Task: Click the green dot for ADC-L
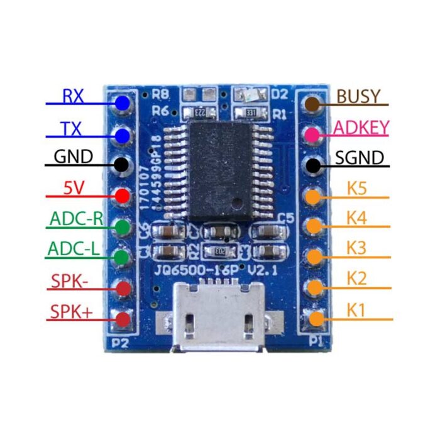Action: pyautogui.click(x=123, y=256)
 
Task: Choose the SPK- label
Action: pyautogui.click(x=70, y=281)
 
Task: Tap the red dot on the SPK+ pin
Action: pyautogui.click(x=123, y=319)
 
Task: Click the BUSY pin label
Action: pyautogui.click(x=358, y=96)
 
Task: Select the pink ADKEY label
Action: pyautogui.click(x=361, y=128)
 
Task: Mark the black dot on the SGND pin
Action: pyautogui.click(x=312, y=165)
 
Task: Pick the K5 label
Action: pyautogui.click(x=356, y=188)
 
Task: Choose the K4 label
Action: pyautogui.click(x=356, y=219)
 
